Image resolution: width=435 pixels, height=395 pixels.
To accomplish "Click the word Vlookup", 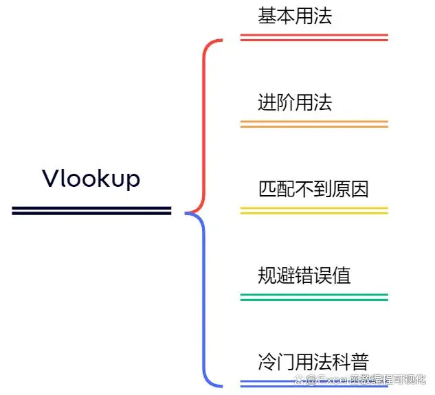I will [x=91, y=179].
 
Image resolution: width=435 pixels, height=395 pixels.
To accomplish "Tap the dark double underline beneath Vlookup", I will [x=91, y=210].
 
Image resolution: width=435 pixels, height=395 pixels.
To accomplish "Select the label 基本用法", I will [x=295, y=16].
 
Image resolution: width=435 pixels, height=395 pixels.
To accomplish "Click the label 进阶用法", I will [x=295, y=102].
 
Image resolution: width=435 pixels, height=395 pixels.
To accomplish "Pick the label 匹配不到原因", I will [x=313, y=188].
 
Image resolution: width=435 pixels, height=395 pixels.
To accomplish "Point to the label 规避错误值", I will [x=304, y=275].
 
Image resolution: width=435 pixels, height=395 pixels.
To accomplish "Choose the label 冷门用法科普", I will [x=313, y=361].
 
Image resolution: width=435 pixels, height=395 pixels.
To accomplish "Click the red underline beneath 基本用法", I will [x=314, y=37].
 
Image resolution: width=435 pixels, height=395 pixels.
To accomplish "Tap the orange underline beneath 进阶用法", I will [x=314, y=124].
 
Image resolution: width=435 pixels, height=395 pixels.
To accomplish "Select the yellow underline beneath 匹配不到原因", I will [x=314, y=210].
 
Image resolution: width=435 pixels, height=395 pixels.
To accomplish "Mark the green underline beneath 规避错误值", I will [x=314, y=297].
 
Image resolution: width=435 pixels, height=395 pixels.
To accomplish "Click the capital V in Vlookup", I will [x=50, y=179].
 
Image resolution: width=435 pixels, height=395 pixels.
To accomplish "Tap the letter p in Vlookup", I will [x=133, y=181].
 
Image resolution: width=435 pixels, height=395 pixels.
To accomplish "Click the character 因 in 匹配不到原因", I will [x=359, y=188].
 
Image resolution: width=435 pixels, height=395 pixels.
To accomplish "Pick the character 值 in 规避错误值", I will [x=342, y=275].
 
